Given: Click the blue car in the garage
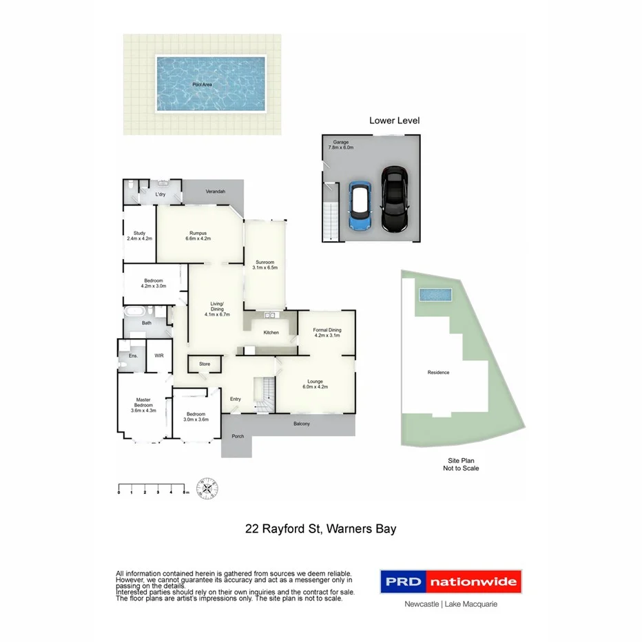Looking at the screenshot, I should coord(359,205).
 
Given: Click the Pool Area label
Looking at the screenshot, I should coord(202,85).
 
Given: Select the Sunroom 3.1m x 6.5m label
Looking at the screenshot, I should coord(265,265).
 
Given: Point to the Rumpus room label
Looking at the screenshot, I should coord(198,236).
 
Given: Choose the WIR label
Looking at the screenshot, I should coord(159,355).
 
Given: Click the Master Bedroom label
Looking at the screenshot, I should coord(143,405).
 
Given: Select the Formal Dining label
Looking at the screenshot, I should coord(327,333).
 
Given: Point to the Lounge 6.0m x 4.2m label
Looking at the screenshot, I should coord(315,384).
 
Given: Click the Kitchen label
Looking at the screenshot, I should coord(271,333).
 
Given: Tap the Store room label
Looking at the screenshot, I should coord(205,364).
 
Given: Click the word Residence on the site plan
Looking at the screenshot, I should coord(438,373).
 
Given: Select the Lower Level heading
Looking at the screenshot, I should coord(394,121).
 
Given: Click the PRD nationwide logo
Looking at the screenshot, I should coord(451,582).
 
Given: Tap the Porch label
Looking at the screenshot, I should coord(238,436).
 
